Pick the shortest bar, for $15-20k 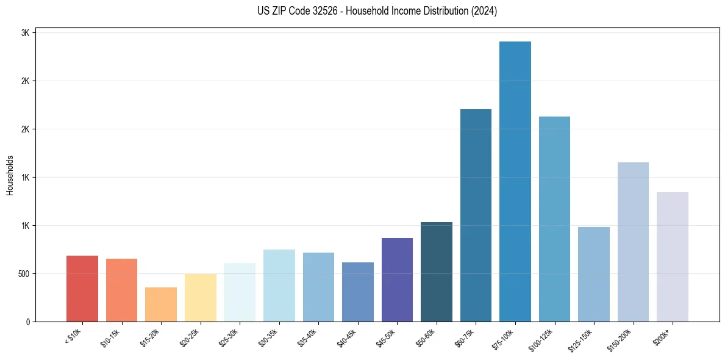pyautogui.click(x=161, y=304)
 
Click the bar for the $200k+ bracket pyautogui.click(x=672, y=257)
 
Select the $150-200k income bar pyautogui.click(x=633, y=242)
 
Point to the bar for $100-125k pyautogui.click(x=554, y=219)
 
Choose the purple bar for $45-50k pyautogui.click(x=397, y=279)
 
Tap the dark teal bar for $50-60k pyautogui.click(x=437, y=272)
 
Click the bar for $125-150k pyautogui.click(x=593, y=274)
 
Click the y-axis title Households pyautogui.click(x=10, y=175)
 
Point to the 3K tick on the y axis pyautogui.click(x=25, y=33)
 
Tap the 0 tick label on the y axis pyautogui.click(x=27, y=322)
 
